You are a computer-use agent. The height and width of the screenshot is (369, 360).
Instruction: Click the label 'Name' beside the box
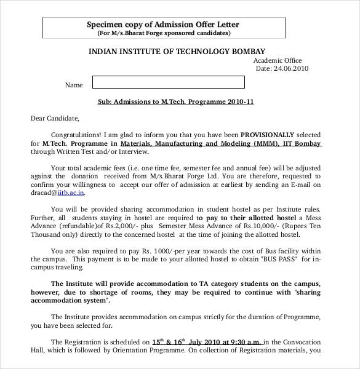[74, 85]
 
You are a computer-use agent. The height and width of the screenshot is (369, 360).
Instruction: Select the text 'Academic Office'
[278, 60]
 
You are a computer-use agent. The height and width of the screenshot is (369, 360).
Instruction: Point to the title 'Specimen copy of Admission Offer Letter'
[163, 25]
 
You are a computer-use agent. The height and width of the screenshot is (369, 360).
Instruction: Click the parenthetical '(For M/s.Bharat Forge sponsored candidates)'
[163, 33]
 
